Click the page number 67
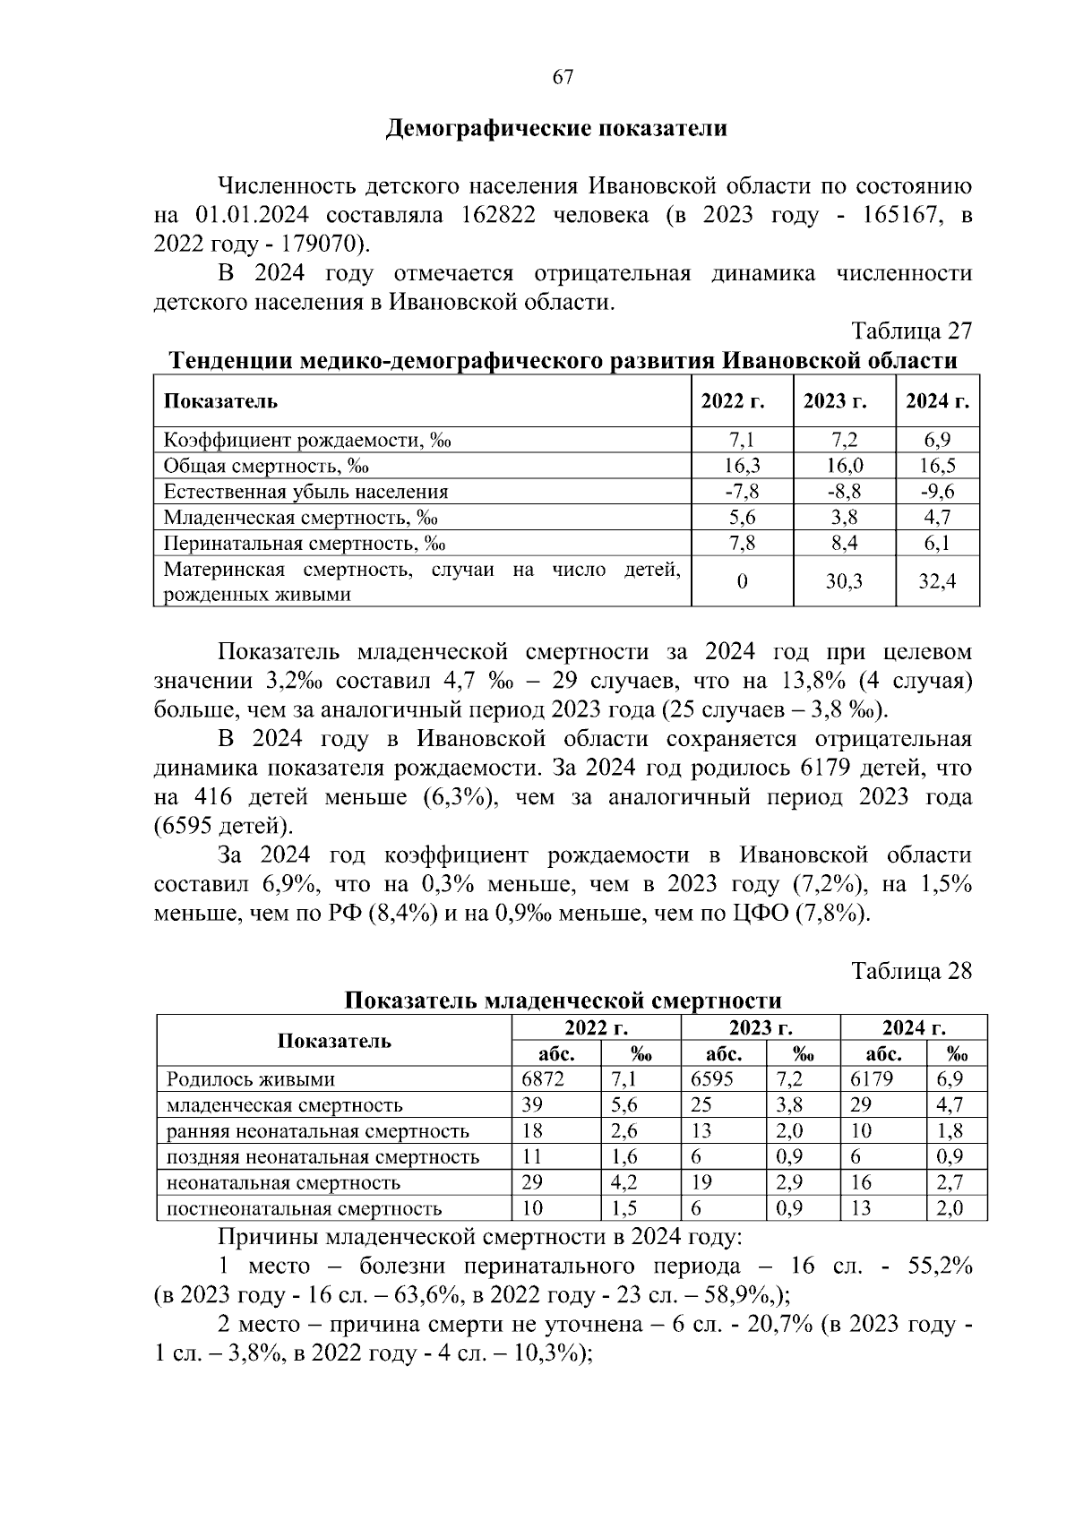(x=563, y=77)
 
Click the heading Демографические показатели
(x=555, y=129)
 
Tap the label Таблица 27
(x=911, y=331)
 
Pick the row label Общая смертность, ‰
(x=266, y=466)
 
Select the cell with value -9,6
(x=937, y=492)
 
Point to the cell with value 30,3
(x=844, y=582)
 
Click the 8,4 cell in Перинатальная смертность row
(x=844, y=544)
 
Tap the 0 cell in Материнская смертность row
(x=742, y=582)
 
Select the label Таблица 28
(x=911, y=972)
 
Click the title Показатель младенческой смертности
(x=563, y=1000)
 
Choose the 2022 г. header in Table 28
(x=596, y=1027)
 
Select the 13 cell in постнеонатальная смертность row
(x=861, y=1209)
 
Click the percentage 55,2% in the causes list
(x=937, y=1267)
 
